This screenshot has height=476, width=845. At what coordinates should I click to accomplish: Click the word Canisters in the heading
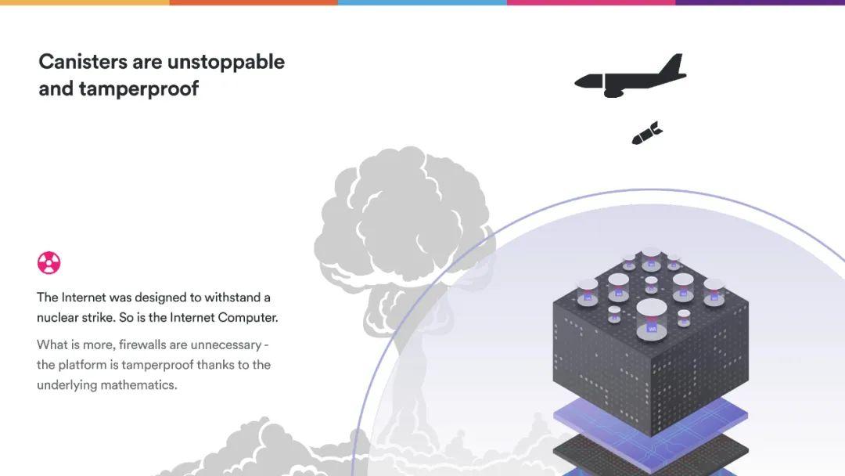point(83,61)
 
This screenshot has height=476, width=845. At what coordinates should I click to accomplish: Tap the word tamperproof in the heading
point(139,89)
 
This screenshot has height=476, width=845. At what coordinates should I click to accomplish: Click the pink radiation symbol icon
point(49,263)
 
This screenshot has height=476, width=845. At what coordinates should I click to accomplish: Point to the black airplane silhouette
point(631,77)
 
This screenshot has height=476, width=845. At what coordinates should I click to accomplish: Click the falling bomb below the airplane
point(647,132)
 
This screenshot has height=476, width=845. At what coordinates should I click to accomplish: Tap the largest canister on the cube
point(652,319)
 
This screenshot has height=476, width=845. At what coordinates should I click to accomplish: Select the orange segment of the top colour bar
point(253,2)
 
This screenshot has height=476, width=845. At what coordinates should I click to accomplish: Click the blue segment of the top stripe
point(422,2)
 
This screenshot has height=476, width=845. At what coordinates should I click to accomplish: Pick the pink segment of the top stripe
point(591,2)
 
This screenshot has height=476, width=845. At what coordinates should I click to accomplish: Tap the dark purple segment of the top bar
point(760,2)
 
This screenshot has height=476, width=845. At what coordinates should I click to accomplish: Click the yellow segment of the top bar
point(84,2)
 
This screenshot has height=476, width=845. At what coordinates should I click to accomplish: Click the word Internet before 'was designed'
point(84,297)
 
